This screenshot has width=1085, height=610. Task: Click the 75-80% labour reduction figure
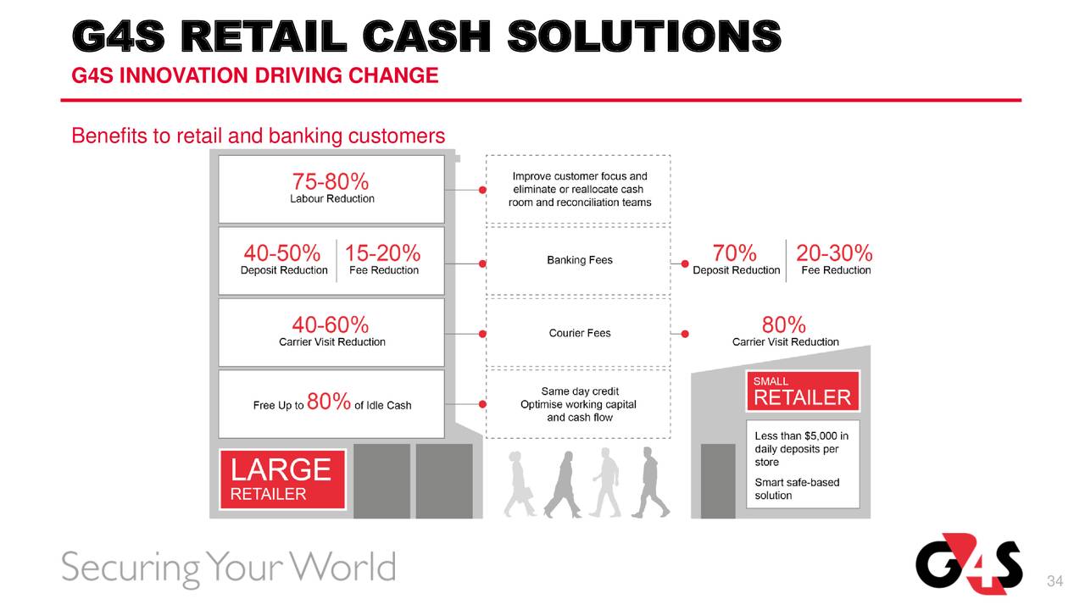(x=331, y=182)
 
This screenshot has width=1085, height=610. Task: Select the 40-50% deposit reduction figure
(x=282, y=253)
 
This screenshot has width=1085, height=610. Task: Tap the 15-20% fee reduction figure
(x=382, y=253)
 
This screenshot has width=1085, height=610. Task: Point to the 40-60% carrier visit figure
(x=331, y=324)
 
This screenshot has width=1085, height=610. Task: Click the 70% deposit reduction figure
(x=734, y=253)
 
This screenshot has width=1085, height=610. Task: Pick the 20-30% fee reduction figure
(x=834, y=253)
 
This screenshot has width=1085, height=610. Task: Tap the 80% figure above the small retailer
(x=784, y=324)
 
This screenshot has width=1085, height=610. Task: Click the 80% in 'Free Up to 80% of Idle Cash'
(x=329, y=402)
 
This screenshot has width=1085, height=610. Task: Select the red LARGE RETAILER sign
(x=283, y=480)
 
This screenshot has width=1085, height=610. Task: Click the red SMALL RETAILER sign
(x=803, y=391)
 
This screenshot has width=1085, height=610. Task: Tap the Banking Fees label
(x=580, y=260)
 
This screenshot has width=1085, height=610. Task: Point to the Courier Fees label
(x=580, y=333)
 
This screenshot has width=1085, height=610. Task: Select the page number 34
(x=1055, y=581)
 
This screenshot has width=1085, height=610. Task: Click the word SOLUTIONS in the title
(x=644, y=36)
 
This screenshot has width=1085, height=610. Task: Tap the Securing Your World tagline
(x=229, y=568)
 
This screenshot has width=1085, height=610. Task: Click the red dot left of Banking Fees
(x=482, y=263)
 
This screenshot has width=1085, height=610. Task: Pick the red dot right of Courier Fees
(x=685, y=334)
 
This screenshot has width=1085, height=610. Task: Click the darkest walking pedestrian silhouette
(x=650, y=483)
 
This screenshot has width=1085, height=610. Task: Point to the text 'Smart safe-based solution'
(x=798, y=489)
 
